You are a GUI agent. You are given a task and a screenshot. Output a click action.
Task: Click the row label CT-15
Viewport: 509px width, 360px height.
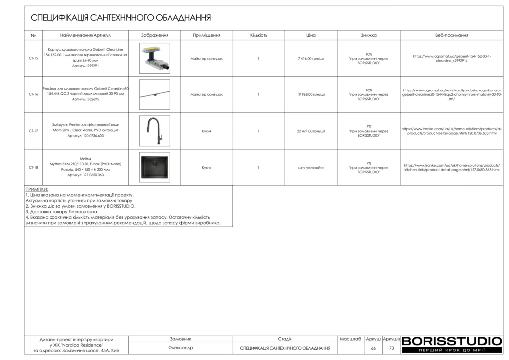tap(33, 58)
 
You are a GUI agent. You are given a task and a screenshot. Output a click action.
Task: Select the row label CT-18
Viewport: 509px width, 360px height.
tap(33, 168)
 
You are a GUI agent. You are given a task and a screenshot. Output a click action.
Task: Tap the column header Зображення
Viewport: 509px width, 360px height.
tap(154, 35)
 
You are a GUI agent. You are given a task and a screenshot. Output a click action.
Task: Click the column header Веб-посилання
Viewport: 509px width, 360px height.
tap(451, 35)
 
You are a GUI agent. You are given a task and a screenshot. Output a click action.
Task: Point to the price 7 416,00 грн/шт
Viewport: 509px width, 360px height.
tap(311, 58)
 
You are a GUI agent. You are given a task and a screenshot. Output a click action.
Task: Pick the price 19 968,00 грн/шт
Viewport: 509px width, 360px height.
tap(311, 94)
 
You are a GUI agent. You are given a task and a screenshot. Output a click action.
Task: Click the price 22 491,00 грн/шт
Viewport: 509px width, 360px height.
tap(311, 131)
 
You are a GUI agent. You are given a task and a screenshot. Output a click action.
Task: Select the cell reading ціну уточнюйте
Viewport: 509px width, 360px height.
tap(311, 168)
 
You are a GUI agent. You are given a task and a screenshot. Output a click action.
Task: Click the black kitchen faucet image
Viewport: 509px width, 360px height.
tap(154, 131)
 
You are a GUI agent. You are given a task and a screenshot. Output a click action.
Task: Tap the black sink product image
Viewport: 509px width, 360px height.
tap(154, 167)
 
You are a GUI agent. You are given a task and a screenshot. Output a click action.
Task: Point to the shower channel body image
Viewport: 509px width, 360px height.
tap(154, 58)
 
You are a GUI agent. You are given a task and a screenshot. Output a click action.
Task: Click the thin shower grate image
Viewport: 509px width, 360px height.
tap(154, 94)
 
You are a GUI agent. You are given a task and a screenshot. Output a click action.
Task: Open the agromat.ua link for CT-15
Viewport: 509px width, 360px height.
tap(451, 58)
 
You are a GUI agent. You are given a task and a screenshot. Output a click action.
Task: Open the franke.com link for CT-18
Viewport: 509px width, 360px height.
tap(451, 168)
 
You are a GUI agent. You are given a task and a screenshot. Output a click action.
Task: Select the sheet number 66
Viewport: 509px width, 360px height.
tap(373, 348)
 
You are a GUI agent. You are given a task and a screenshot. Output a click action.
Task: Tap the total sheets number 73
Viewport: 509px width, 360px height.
tap(391, 348)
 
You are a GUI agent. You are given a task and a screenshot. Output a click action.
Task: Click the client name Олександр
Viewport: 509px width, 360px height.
tap(180, 348)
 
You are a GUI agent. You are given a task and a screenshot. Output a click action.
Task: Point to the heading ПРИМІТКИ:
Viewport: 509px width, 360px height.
tap(37, 190)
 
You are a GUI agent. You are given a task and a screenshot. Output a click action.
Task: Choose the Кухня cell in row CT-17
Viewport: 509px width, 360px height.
tap(207, 131)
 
